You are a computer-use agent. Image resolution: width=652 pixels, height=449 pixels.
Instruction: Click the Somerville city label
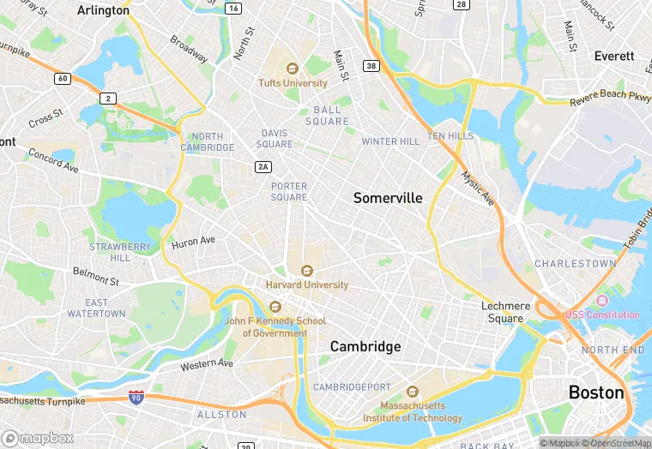click(388, 198)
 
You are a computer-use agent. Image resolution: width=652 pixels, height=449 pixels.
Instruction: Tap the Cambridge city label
click(365, 347)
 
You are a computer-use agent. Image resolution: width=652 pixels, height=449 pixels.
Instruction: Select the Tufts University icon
click(292, 69)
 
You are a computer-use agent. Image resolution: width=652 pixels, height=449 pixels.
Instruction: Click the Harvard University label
click(307, 284)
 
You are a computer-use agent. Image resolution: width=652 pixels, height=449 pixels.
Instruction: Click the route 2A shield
click(263, 166)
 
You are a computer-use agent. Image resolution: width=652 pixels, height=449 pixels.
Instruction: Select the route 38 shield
click(371, 65)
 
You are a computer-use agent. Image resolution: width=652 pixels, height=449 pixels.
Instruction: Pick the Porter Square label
click(289, 192)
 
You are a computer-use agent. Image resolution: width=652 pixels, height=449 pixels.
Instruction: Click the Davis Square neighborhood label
click(276, 139)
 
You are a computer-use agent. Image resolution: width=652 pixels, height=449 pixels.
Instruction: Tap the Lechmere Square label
click(502, 312)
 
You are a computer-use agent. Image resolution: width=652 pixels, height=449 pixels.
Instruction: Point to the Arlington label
click(103, 10)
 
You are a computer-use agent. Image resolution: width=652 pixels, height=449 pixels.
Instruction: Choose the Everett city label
click(614, 57)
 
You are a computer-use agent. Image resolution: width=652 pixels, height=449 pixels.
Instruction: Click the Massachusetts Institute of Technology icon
click(411, 392)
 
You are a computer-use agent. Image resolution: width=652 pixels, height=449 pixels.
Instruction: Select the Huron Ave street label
click(193, 242)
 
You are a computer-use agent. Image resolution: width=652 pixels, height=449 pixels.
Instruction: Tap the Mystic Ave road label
click(477, 189)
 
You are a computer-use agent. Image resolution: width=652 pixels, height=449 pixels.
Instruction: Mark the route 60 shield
click(62, 79)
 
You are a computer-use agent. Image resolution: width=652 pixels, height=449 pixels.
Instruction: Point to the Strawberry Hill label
click(120, 252)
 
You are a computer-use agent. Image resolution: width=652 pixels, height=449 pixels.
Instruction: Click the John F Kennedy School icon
click(275, 307)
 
